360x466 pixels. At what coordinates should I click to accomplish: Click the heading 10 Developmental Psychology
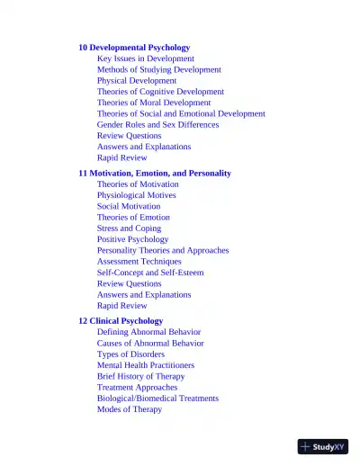tap(134, 48)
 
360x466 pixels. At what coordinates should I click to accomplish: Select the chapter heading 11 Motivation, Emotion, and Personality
tap(155, 173)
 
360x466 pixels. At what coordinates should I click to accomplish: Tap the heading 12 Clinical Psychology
tap(121, 320)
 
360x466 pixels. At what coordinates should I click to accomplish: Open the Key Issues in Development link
tap(145, 58)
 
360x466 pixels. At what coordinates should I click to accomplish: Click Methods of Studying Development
tap(158, 69)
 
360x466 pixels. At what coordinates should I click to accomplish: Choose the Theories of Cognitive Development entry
tap(160, 92)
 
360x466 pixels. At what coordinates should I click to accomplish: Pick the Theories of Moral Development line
tap(154, 103)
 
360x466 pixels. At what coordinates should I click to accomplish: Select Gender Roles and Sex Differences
tap(157, 125)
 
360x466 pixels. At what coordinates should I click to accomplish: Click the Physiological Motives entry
tap(136, 195)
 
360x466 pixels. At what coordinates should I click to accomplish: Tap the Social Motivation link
tap(129, 206)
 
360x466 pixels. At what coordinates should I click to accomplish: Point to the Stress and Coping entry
tap(129, 229)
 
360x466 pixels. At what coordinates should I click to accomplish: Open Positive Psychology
tap(132, 239)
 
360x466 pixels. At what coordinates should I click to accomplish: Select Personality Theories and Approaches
tap(163, 250)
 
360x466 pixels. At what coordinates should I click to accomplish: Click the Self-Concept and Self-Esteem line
tap(150, 273)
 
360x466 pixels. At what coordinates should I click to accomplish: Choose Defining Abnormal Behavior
tap(148, 332)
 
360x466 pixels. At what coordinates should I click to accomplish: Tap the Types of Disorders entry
tap(130, 354)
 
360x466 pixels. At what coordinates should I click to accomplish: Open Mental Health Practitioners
tap(145, 365)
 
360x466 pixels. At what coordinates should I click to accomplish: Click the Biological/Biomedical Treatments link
tap(157, 399)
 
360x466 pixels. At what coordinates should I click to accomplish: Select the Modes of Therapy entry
tap(130, 409)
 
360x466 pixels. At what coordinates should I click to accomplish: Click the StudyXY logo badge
tap(323, 446)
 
